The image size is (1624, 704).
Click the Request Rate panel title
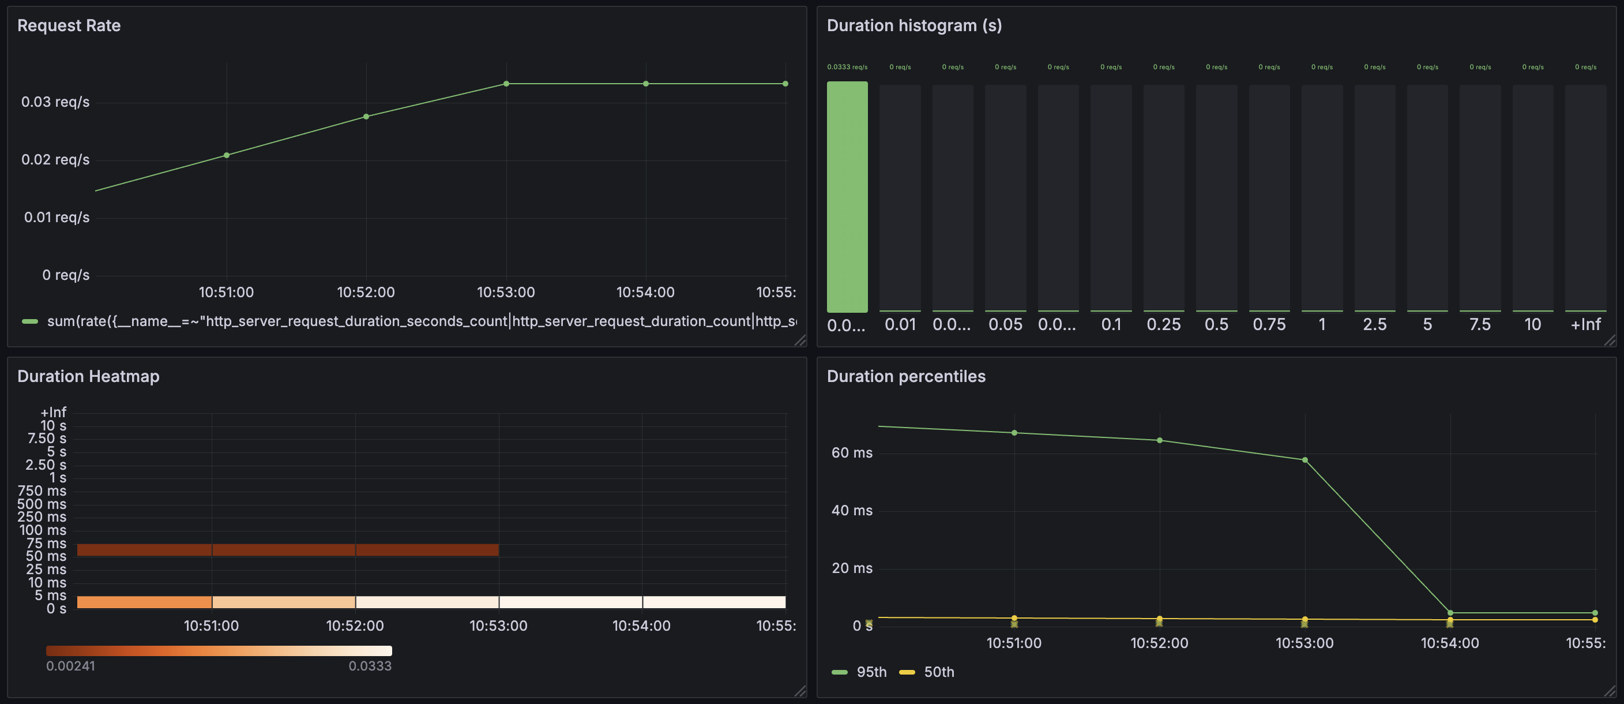tap(69, 25)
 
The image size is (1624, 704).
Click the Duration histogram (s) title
tap(913, 25)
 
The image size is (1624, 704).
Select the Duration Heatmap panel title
tap(88, 376)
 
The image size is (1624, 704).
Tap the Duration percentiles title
tap(905, 376)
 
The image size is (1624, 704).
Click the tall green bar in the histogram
tap(847, 197)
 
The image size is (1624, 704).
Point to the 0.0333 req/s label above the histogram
tap(847, 67)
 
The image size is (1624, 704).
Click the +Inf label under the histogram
tap(1585, 325)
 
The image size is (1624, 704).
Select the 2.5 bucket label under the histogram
tap(1374, 325)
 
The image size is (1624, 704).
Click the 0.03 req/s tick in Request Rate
tap(55, 102)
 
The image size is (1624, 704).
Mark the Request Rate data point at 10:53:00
tap(506, 84)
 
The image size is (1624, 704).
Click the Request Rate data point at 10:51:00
tap(226, 155)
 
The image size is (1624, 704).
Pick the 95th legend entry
tap(871, 672)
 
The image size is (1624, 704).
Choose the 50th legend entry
tap(938, 672)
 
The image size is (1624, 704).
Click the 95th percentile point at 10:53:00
tap(1305, 460)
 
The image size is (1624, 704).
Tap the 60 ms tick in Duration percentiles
tap(852, 453)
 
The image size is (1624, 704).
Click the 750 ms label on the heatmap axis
tap(42, 491)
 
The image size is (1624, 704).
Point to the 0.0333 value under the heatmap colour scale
tap(370, 666)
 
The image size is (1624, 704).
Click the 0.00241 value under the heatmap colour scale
tap(70, 666)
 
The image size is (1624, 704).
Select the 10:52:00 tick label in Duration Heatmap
tap(354, 626)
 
